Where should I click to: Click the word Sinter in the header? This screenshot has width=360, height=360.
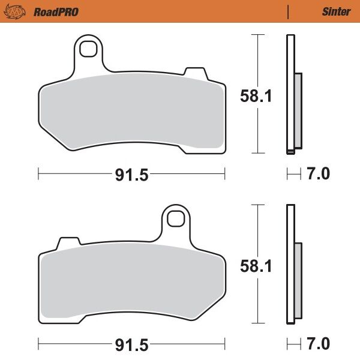[x=336, y=11]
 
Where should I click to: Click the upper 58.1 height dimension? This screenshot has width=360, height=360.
[x=257, y=95]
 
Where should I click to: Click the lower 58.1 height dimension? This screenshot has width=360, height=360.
[x=257, y=265]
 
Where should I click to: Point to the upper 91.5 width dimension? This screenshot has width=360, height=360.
[x=131, y=175]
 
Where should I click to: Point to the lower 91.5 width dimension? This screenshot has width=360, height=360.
[x=131, y=344]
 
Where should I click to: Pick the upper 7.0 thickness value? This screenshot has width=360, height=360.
[x=318, y=175]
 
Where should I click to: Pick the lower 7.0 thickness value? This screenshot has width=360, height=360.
[x=318, y=344]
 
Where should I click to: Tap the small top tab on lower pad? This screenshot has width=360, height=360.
[x=68, y=243]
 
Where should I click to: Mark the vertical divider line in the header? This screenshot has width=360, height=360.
[x=288, y=11]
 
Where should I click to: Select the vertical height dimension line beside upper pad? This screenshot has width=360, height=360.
[x=257, y=60]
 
